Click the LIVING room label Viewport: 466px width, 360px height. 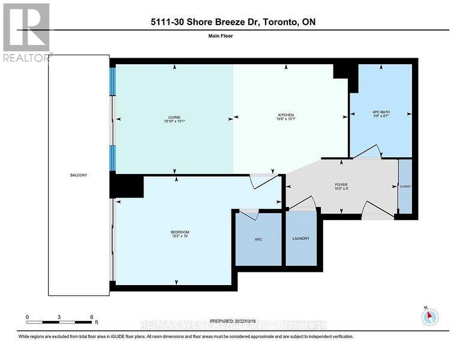point(175,118)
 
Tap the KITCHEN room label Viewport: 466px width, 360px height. point(284,118)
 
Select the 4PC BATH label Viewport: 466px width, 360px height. point(380,112)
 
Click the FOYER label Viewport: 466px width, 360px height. point(341,185)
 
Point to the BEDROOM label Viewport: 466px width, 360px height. point(179,232)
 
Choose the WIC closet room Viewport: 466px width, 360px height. point(258,239)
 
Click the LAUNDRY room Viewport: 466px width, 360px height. point(300,239)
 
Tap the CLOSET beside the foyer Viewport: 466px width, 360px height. point(405,187)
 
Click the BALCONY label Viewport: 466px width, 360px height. point(79,175)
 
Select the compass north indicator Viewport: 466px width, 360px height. point(429,317)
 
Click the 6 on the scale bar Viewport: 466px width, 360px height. point(91,317)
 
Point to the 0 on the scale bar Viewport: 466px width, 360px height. point(27,317)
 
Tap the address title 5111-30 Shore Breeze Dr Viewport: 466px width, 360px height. point(233,22)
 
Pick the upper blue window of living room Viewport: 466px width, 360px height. point(112,80)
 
